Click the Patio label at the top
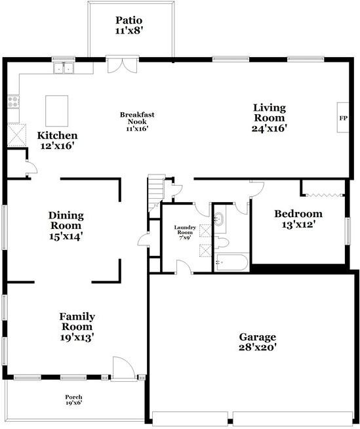129,20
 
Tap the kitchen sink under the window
64,67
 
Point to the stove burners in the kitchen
12,102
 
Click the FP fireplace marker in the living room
343,119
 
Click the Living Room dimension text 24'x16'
270,129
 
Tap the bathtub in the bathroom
231,263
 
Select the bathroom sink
220,220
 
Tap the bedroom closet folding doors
323,194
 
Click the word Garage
256,337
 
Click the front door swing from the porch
122,367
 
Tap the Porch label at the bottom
73,398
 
